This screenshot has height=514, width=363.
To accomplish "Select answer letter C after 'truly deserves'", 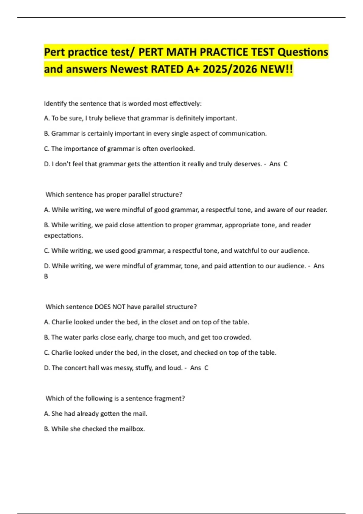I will coord(286,164).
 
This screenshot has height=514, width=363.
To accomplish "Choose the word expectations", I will coord(63,236).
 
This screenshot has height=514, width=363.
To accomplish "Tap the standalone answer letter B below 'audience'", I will coord(46,276).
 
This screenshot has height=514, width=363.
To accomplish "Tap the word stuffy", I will coord(143,368).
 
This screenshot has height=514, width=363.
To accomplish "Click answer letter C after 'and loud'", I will coord(206,368).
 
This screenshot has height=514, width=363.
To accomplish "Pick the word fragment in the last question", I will coord(169,399).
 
